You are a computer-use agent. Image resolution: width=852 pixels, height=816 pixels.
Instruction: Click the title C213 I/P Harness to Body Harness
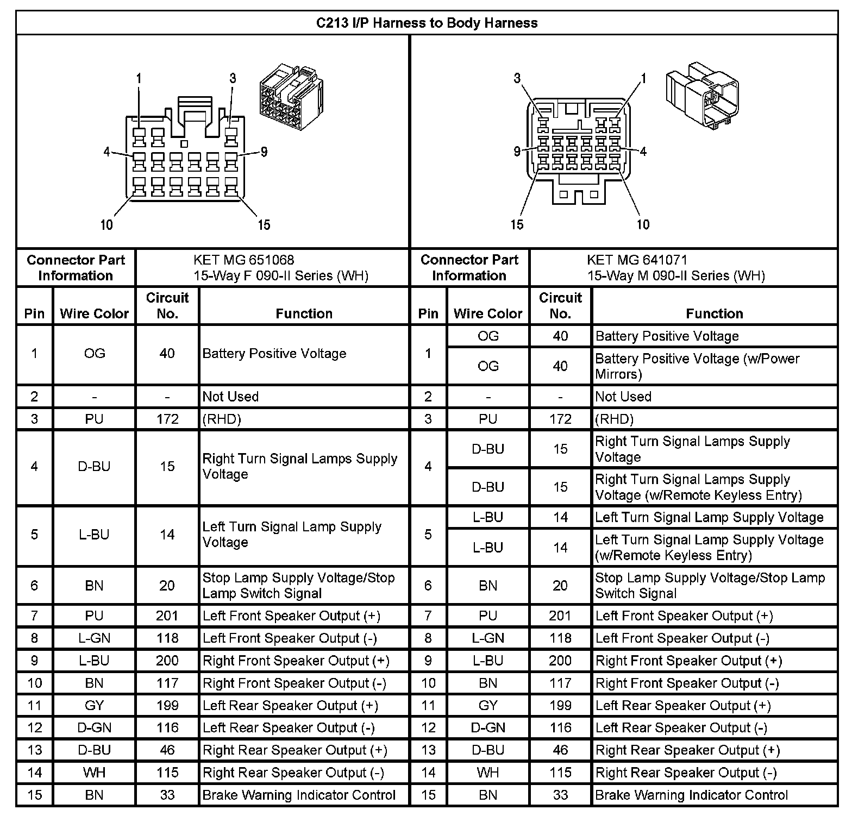(427, 23)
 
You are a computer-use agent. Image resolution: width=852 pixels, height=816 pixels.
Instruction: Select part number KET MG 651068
(244, 260)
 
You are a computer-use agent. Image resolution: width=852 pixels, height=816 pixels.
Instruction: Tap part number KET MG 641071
(637, 260)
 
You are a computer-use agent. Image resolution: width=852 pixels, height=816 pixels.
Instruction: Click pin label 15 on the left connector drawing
(264, 225)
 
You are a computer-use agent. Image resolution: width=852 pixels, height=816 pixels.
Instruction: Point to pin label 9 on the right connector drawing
(517, 151)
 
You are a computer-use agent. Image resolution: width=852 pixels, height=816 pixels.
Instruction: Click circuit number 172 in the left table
(167, 419)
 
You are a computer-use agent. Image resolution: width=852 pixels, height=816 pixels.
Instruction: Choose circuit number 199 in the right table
(560, 705)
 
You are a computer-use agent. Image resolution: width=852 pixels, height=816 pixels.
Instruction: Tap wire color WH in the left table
(94, 772)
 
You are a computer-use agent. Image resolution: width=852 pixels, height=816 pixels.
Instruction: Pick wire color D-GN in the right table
(488, 727)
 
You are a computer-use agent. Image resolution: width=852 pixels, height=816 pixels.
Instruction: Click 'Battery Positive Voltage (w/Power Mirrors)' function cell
(697, 366)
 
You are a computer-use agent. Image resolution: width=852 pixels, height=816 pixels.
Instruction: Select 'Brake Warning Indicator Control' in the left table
(299, 795)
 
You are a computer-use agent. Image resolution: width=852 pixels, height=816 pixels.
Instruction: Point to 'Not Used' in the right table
(623, 397)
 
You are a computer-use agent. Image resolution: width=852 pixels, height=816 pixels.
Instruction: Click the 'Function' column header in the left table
(304, 313)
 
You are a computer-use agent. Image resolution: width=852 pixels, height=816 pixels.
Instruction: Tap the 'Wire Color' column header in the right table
(488, 313)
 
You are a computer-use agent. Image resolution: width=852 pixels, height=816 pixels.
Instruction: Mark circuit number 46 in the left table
(167, 750)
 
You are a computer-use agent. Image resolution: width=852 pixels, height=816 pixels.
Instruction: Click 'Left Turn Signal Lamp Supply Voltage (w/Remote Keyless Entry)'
(709, 547)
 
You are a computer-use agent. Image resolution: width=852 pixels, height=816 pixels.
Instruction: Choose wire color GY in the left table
(94, 705)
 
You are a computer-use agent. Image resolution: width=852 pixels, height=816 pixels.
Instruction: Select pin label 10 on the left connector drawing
(106, 225)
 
